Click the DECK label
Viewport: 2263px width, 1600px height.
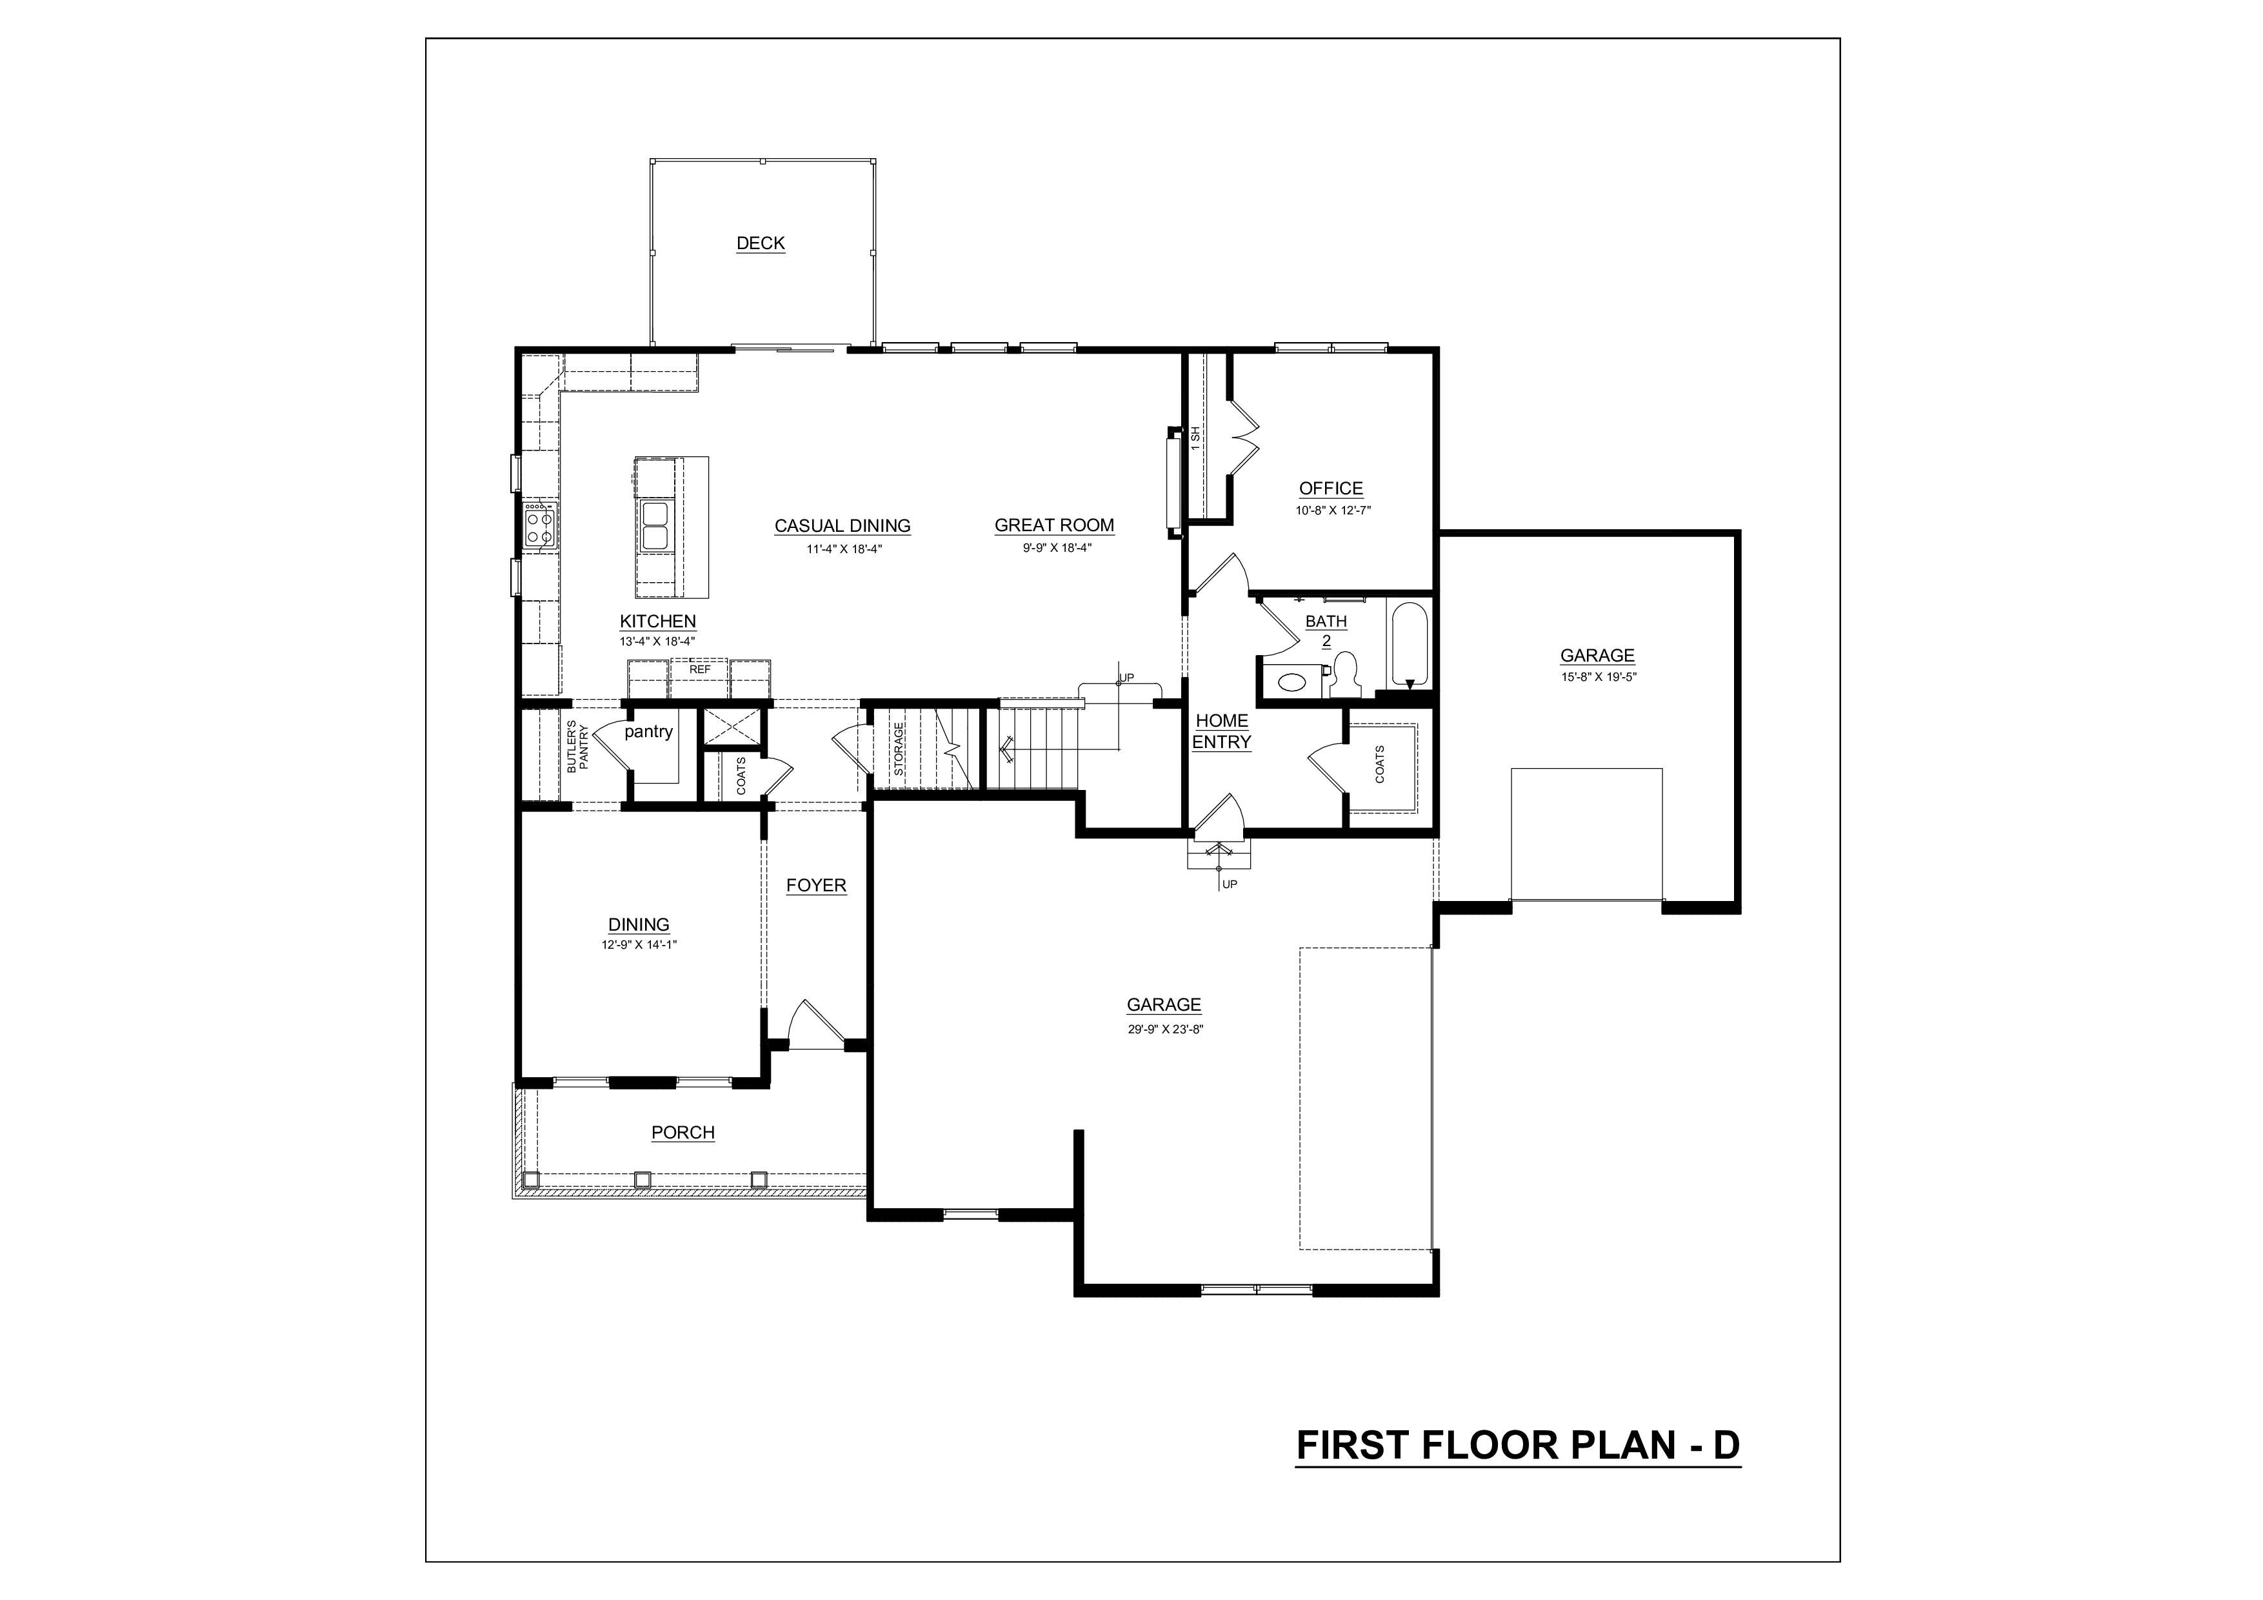pos(761,243)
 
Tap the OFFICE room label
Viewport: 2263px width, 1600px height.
pos(1331,488)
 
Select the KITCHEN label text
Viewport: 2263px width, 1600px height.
pos(657,621)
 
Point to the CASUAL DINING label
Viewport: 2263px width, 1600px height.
pos(842,525)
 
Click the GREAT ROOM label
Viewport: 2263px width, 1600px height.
pos(1055,525)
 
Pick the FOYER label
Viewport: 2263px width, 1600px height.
pos(816,886)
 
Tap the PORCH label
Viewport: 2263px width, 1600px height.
pos(683,1133)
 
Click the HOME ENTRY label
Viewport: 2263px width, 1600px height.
pos(1222,731)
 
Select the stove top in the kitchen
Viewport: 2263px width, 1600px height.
pos(540,523)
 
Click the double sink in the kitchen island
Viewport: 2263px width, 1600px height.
pos(655,525)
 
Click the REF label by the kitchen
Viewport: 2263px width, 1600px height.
pos(700,669)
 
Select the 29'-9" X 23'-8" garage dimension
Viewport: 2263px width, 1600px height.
pos(1166,1029)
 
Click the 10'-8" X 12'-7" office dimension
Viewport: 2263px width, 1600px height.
pos(1333,511)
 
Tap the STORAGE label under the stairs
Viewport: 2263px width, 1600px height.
pos(899,749)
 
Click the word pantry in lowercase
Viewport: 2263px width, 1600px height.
pos(648,731)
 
